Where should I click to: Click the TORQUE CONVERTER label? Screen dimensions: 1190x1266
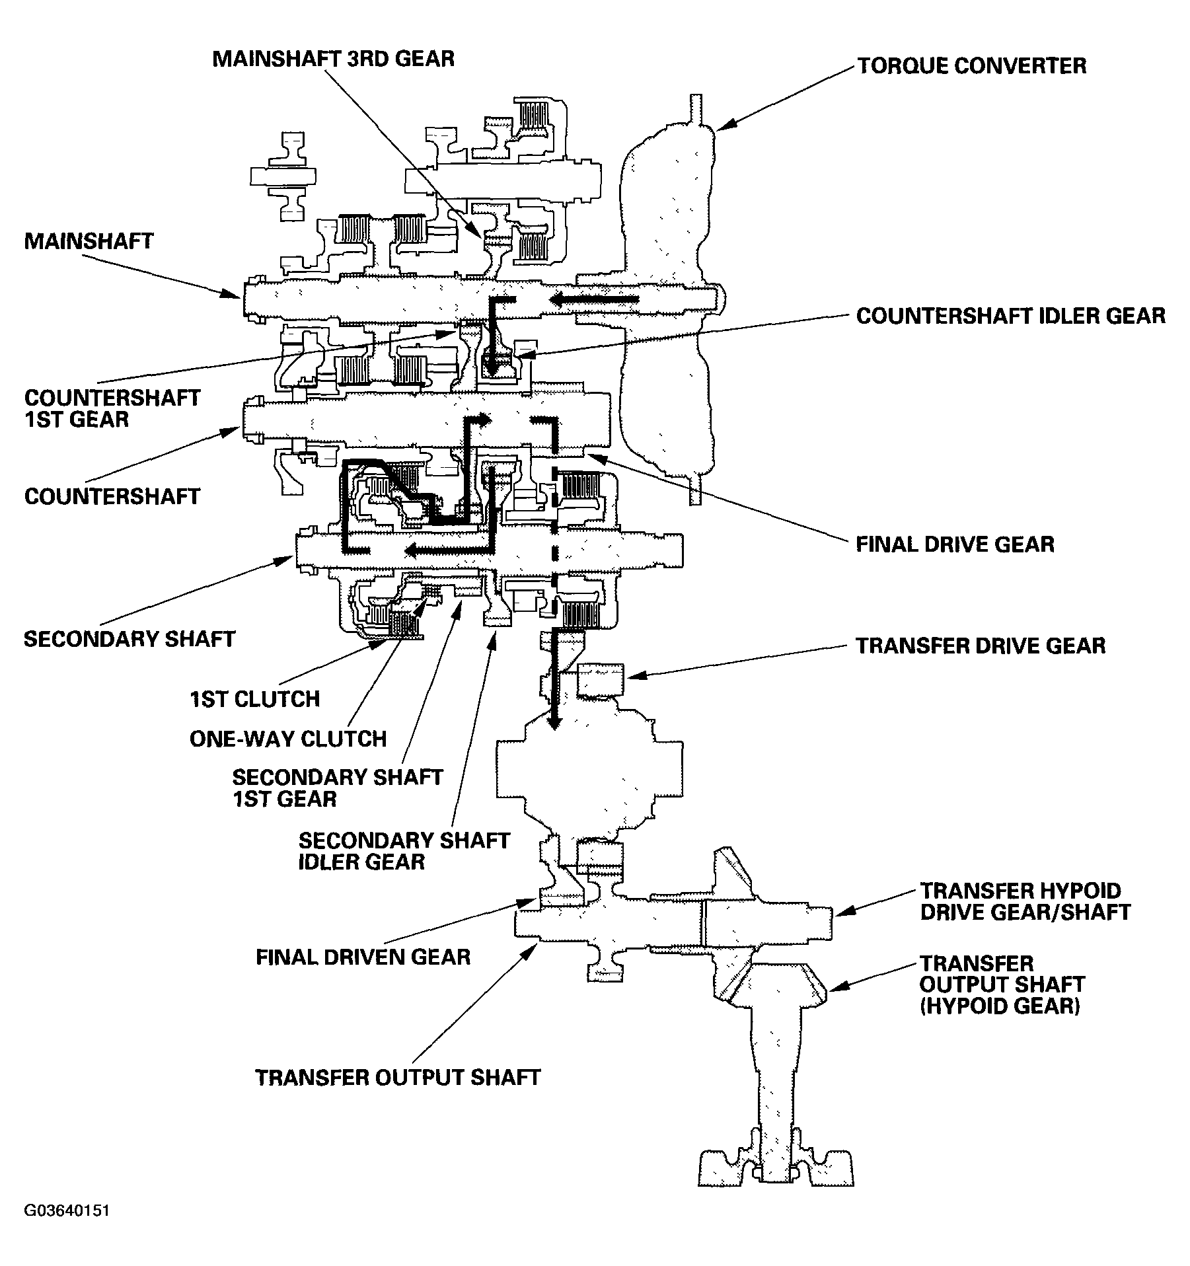coord(971,65)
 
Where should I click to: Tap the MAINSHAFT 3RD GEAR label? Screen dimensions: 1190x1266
coord(333,59)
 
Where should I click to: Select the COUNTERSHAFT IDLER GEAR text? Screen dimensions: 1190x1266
coord(1010,316)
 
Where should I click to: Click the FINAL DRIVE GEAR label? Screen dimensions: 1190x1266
coord(955,544)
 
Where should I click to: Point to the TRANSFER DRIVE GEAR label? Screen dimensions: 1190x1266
coord(981,646)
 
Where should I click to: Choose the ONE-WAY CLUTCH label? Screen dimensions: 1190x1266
coord(287,739)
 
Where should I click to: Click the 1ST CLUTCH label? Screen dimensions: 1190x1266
coord(254,699)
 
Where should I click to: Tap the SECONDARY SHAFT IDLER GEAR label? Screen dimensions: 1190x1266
coord(404,851)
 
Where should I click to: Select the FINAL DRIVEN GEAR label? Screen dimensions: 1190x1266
coord(363,957)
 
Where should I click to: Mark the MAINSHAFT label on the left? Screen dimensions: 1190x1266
coord(89,241)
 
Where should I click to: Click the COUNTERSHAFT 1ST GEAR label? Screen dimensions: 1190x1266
coord(112,408)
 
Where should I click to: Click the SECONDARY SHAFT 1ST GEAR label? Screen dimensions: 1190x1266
coord(337,788)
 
